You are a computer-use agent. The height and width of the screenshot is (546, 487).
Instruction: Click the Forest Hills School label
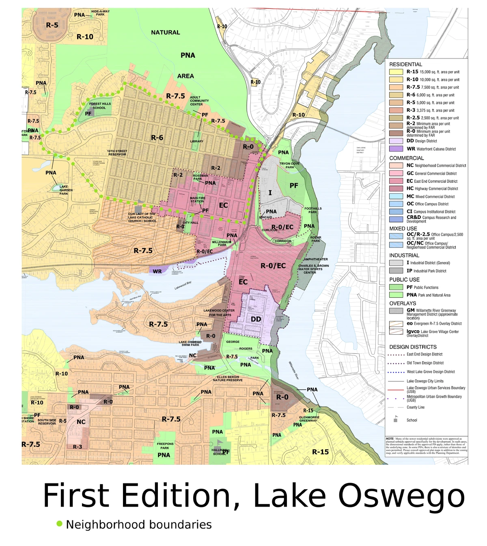click(x=100, y=106)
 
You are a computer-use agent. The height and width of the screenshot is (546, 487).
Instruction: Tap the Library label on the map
click(x=197, y=141)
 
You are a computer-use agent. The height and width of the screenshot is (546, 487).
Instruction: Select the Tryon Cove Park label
click(x=289, y=165)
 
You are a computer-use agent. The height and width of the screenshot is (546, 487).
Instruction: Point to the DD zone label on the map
click(x=256, y=319)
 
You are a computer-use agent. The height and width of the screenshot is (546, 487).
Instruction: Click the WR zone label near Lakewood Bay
click(x=157, y=271)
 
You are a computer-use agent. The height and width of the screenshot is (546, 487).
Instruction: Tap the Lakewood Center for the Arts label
click(x=220, y=313)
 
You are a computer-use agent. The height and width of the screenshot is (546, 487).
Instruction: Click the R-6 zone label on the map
click(x=157, y=138)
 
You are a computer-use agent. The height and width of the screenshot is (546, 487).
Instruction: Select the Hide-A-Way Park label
click(x=100, y=13)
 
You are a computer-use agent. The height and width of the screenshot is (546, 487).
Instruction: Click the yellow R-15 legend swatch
click(x=396, y=72)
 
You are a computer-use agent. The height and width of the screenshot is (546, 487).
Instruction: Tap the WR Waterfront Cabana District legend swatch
click(x=396, y=149)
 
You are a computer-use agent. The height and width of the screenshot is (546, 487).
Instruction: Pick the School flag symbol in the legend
click(x=395, y=419)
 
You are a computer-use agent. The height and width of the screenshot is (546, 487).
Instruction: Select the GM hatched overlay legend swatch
click(x=396, y=311)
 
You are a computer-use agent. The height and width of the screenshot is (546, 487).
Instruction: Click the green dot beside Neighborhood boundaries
click(x=60, y=524)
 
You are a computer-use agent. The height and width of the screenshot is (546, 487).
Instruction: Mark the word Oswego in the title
click(x=401, y=496)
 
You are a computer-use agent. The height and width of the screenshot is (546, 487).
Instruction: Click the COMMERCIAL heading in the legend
click(x=406, y=158)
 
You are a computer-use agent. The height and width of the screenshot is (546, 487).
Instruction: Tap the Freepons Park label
click(x=165, y=446)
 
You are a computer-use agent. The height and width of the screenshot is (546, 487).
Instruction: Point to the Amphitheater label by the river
click(x=316, y=259)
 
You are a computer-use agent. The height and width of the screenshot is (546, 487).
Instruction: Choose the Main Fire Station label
click(x=198, y=199)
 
